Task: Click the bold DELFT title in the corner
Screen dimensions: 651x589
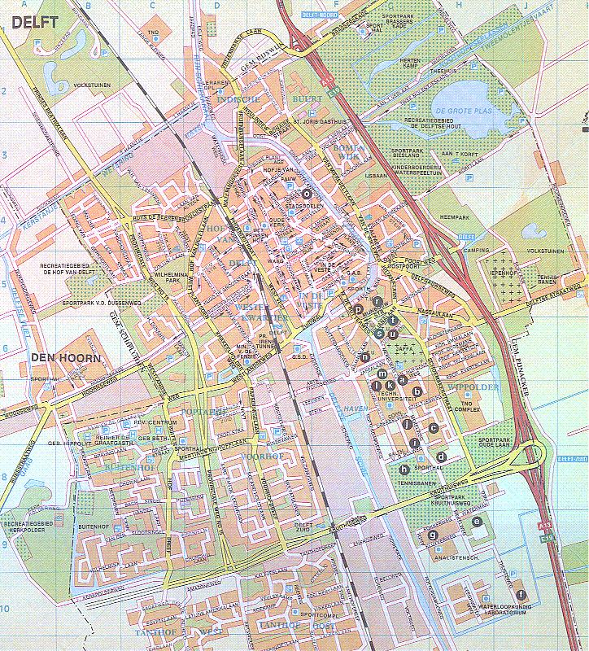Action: point(34,22)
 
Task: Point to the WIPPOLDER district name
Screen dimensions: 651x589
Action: point(473,387)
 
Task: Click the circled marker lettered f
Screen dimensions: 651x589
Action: point(521,595)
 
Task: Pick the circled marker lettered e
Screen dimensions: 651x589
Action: point(477,521)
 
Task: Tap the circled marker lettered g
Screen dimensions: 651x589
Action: point(434,535)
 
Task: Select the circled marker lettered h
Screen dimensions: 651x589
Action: point(404,469)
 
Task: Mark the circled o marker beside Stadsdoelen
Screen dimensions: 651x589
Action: point(307,194)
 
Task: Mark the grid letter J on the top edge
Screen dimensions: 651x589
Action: point(526,4)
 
